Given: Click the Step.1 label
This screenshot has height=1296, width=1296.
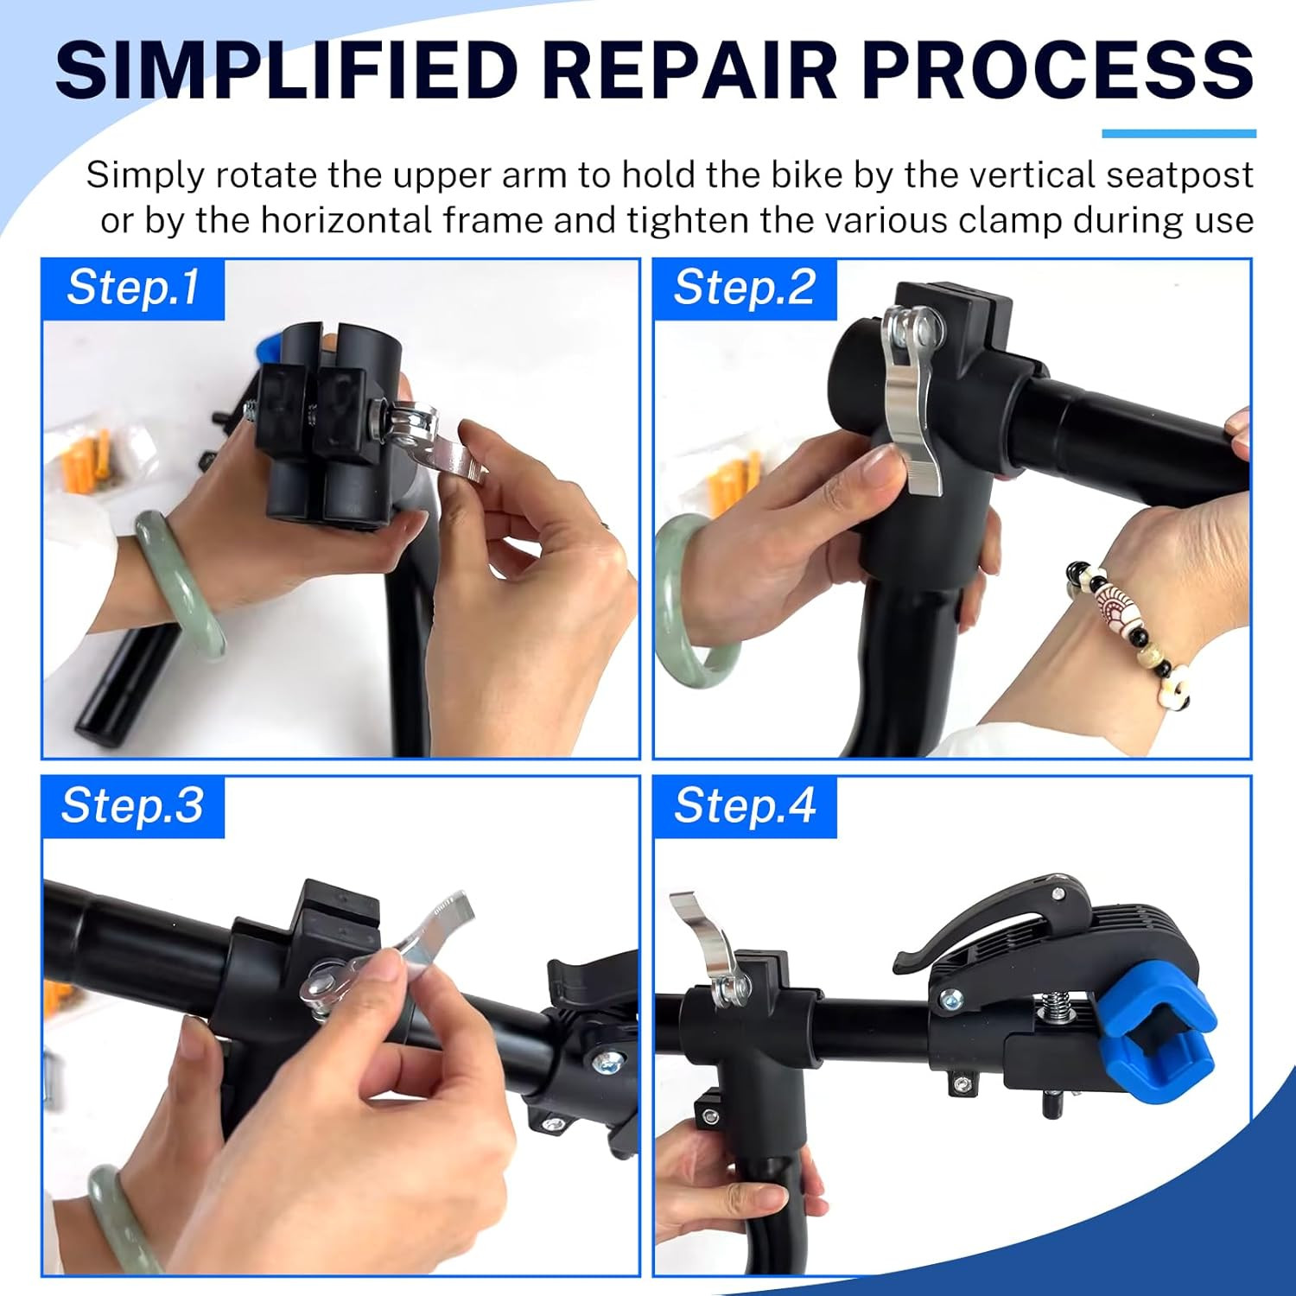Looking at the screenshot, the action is click(x=133, y=288).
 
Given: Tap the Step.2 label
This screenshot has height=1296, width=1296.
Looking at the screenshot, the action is click(x=744, y=288).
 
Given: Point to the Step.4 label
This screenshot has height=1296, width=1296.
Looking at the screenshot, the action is click(x=745, y=806).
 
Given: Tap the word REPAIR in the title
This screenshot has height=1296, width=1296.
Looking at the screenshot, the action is click(x=691, y=69).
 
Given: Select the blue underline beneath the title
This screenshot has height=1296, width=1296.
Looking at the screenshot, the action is click(x=1178, y=134).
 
